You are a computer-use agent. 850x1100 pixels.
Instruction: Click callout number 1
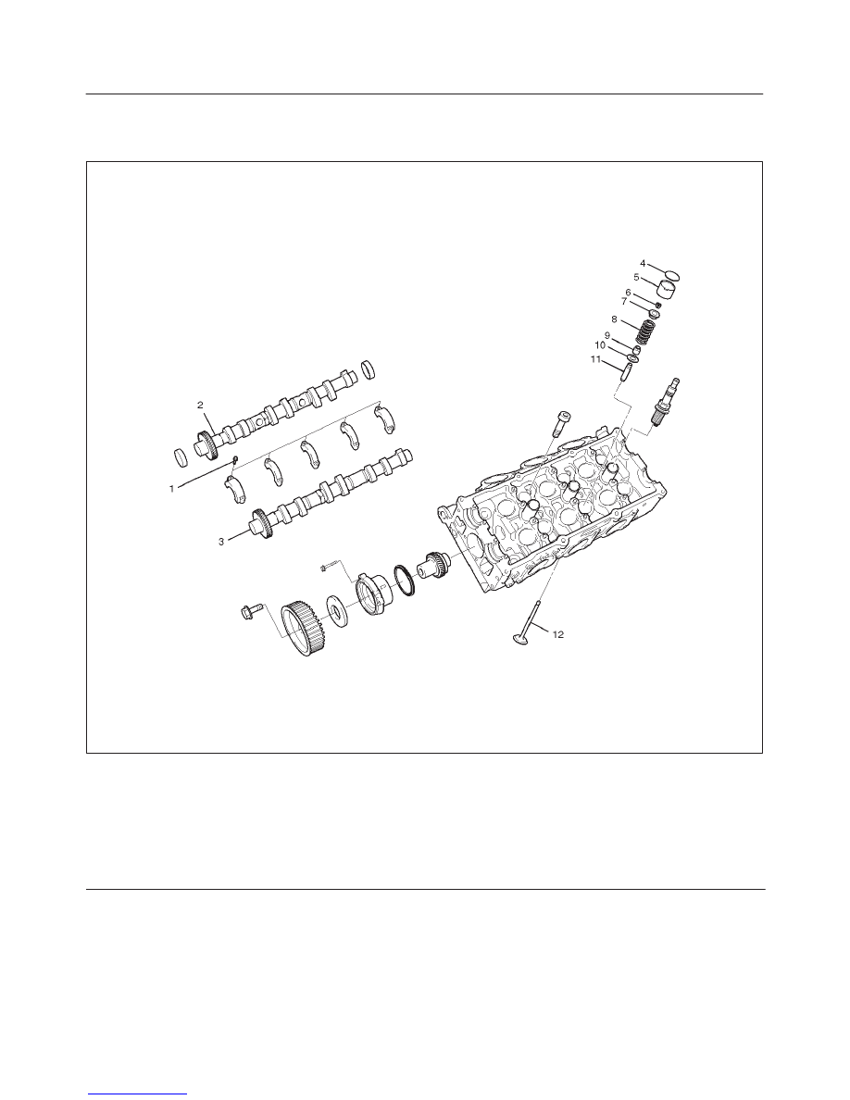point(171,489)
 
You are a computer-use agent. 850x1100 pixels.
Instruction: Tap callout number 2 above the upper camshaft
point(200,405)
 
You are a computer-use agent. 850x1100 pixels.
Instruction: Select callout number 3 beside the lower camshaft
point(221,542)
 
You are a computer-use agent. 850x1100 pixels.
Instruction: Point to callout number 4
point(643,263)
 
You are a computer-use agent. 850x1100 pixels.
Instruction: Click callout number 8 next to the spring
point(615,319)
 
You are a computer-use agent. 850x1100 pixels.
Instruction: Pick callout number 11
point(596,360)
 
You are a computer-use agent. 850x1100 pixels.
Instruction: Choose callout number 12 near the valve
point(558,634)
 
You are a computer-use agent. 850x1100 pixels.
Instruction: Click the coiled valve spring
point(649,331)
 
